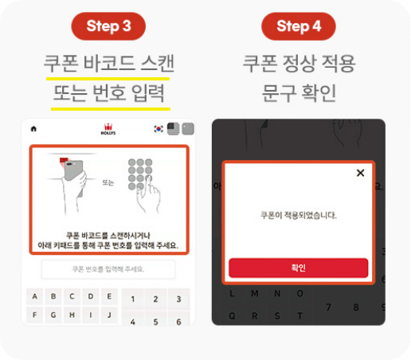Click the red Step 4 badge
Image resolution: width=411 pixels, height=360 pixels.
tap(299, 25)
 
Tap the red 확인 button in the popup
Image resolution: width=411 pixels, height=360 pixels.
tap(299, 268)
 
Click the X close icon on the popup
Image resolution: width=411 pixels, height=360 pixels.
tap(360, 173)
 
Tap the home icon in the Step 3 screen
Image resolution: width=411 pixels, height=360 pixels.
tap(33, 128)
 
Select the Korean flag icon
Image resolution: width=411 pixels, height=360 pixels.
tap(159, 129)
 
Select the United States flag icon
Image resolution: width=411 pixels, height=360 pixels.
tap(173, 129)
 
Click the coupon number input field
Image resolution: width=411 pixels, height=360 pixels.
tap(108, 269)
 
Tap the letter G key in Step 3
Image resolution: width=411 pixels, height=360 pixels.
tap(53, 314)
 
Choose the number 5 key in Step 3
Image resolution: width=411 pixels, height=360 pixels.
tap(155, 322)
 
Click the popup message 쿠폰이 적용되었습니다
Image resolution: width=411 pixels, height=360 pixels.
tap(299, 215)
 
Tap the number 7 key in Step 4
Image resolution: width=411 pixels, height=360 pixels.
tap(328, 307)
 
